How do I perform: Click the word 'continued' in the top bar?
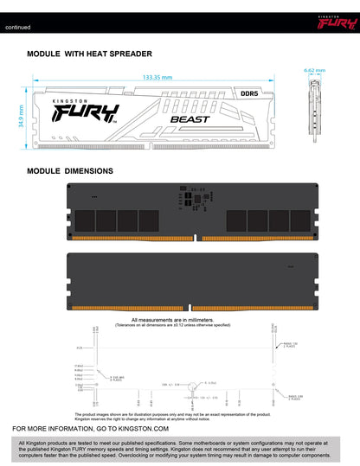[x=17, y=28]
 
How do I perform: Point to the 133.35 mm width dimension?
[x=157, y=77]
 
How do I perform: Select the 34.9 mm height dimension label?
[x=22, y=115]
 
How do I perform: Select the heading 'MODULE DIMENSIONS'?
[x=70, y=171]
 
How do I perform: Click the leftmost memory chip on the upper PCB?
[x=85, y=220]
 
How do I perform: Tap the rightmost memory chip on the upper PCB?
[x=278, y=220]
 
